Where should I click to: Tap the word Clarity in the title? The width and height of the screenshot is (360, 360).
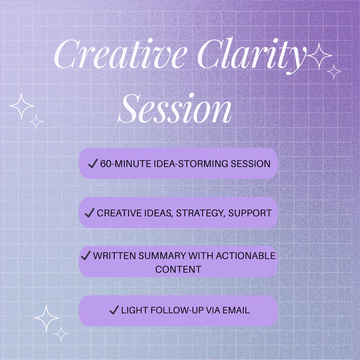pos(252,56)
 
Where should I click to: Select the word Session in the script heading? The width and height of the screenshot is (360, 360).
pos(175,109)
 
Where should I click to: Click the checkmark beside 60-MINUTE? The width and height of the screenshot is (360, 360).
pos(93,164)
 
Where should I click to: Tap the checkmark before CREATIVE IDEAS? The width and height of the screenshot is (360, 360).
pos(90,213)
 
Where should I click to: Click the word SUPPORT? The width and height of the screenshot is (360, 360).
pos(250,213)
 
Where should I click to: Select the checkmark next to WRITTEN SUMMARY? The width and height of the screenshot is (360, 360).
pos(85,255)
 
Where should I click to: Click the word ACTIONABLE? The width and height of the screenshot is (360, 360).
pos(245,256)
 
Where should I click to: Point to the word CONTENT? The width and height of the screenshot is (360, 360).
pos(178,269)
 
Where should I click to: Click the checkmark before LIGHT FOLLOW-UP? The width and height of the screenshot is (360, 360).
pos(114,310)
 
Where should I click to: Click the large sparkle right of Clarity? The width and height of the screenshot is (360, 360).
pos(319,56)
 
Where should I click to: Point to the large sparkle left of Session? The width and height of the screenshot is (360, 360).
pos(22,106)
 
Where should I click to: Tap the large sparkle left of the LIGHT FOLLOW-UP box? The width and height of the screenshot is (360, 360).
pos(47,318)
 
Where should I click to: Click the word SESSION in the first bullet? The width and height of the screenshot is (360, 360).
pos(250,164)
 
